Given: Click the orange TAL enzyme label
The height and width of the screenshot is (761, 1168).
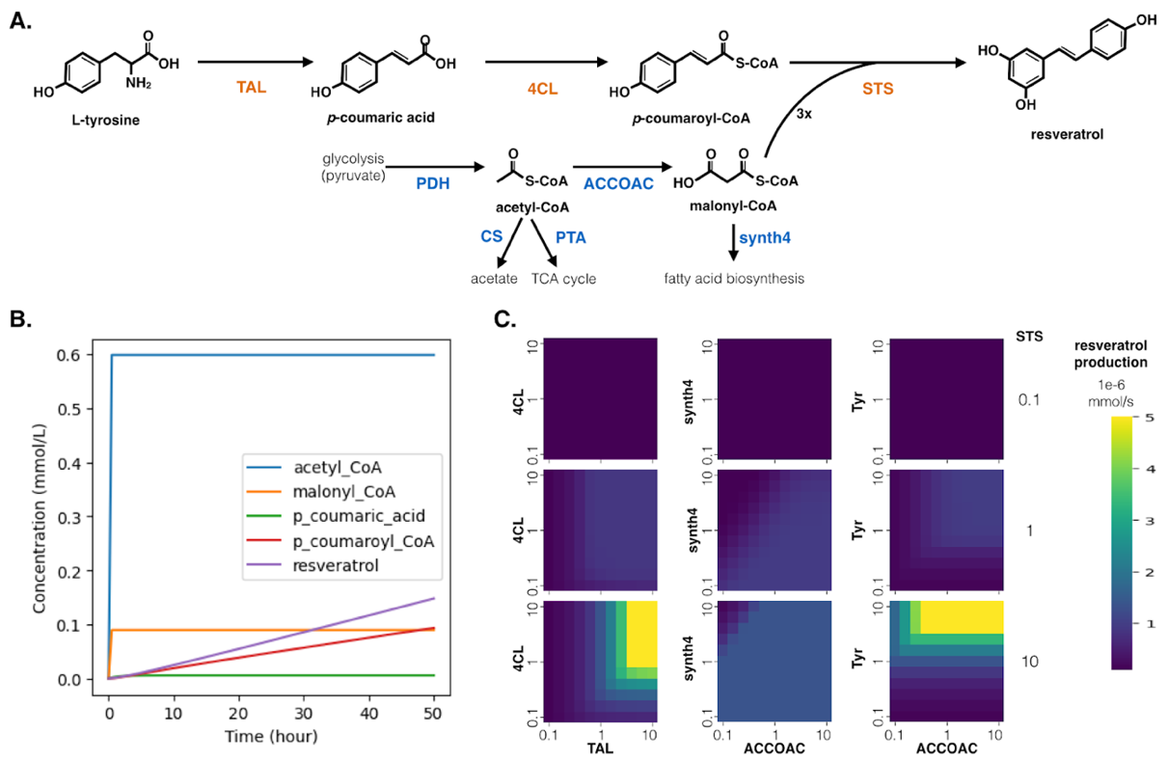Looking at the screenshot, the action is [252, 87].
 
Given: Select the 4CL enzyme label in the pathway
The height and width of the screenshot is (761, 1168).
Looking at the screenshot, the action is [542, 89].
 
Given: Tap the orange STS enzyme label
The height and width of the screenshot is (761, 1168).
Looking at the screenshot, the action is [878, 89].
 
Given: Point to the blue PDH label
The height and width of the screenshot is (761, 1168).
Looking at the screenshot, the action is [433, 183].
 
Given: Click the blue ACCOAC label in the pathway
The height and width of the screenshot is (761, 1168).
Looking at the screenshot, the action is [618, 183].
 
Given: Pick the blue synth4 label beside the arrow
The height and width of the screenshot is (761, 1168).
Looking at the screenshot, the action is [765, 238].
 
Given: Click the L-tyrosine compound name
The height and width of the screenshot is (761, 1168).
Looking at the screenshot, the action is [106, 121].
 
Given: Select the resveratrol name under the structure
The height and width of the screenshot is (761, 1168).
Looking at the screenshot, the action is [1067, 135].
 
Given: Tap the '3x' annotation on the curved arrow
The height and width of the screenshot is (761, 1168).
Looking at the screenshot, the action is [803, 114].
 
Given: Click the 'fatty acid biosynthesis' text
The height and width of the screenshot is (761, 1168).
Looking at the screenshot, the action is [734, 279].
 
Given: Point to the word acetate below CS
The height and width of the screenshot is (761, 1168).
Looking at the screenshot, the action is [494, 279].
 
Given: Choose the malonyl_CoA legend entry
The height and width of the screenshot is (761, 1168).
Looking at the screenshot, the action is [344, 491].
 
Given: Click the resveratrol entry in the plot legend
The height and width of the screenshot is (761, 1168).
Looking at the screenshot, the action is [336, 565].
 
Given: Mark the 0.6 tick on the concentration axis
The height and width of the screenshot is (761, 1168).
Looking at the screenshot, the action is [68, 355].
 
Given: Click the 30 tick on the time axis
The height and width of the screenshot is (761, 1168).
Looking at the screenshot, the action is [304, 713].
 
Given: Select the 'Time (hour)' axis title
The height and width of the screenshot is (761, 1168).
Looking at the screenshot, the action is [271, 737].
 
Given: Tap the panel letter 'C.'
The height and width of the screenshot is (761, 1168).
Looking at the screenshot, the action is [504, 318].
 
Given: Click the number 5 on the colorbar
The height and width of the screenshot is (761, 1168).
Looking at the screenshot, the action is [1149, 418].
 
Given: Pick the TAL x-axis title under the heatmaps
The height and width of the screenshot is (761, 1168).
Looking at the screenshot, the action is [600, 748].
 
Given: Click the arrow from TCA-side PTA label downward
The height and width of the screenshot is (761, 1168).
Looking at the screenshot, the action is [544, 243].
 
